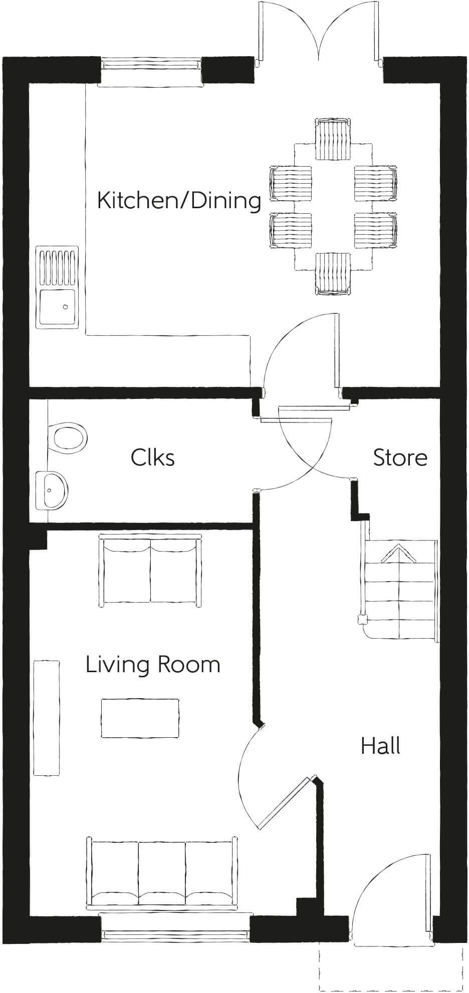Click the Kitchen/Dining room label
click(179, 201)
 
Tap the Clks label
click(153, 457)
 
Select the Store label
click(400, 457)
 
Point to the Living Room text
click(153, 665)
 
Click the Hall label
click(380, 746)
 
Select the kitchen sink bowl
click(57, 306)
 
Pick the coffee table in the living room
click(140, 718)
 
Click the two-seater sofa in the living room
click(150, 571)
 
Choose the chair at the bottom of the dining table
click(333, 273)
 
